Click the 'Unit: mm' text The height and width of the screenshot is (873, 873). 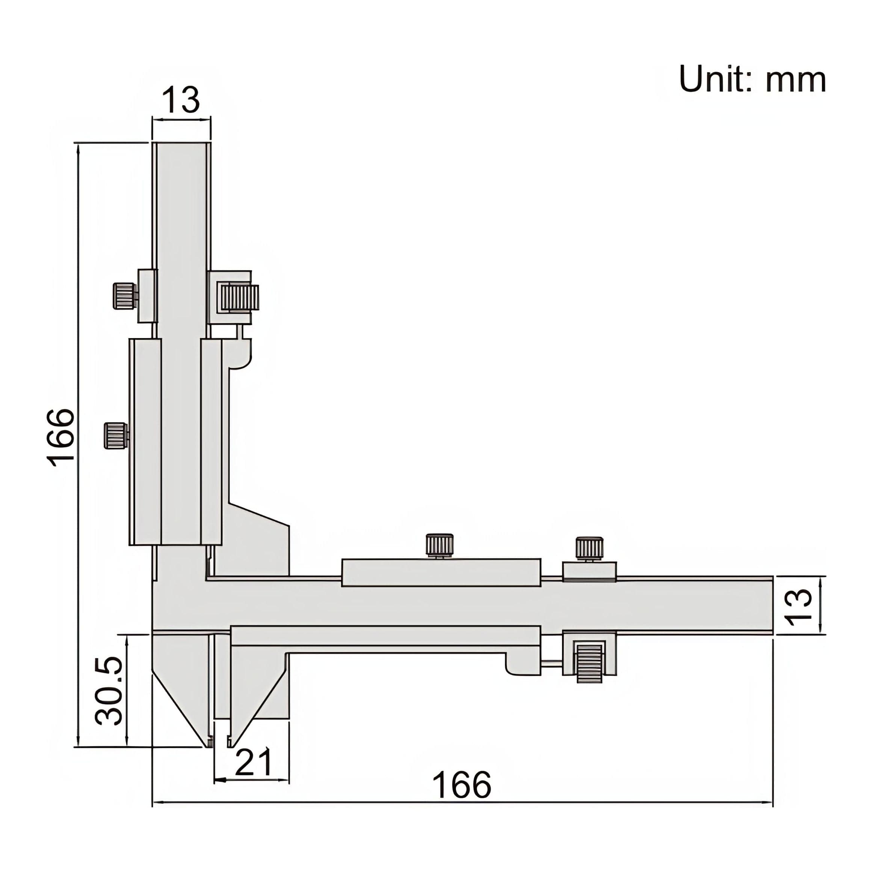(x=752, y=80)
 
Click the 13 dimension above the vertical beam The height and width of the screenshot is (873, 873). (x=181, y=100)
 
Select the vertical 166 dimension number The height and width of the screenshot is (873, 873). (x=60, y=437)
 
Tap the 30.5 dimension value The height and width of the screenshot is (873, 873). (x=109, y=691)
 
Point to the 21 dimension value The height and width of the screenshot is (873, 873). (x=254, y=762)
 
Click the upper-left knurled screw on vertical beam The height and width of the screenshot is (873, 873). (x=124, y=296)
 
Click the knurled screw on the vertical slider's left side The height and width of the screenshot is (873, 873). (x=116, y=436)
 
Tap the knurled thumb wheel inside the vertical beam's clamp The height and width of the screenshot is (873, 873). (x=239, y=298)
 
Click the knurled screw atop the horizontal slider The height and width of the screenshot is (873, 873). (x=439, y=545)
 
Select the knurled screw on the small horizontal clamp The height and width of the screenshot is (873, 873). (x=589, y=548)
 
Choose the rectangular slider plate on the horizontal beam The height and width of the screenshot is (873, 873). (x=441, y=573)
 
